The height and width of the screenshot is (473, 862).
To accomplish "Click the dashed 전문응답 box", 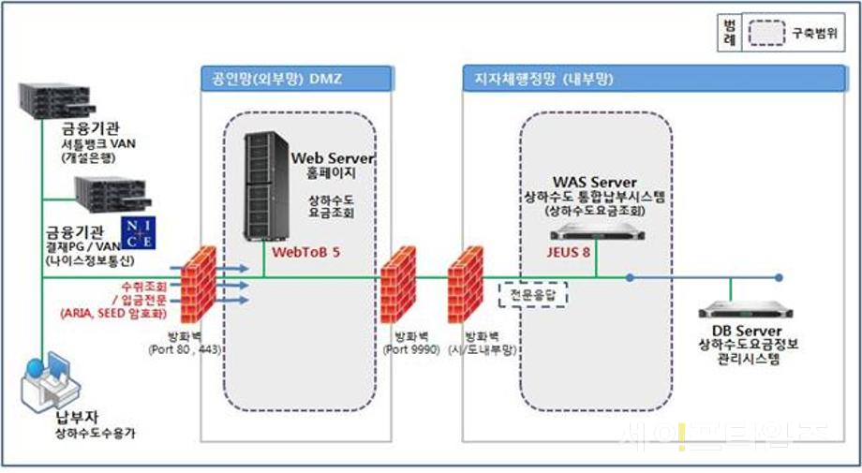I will (534, 294).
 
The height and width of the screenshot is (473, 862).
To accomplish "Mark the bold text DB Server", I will (747, 332).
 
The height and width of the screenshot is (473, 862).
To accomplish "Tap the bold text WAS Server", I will (594, 181).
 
